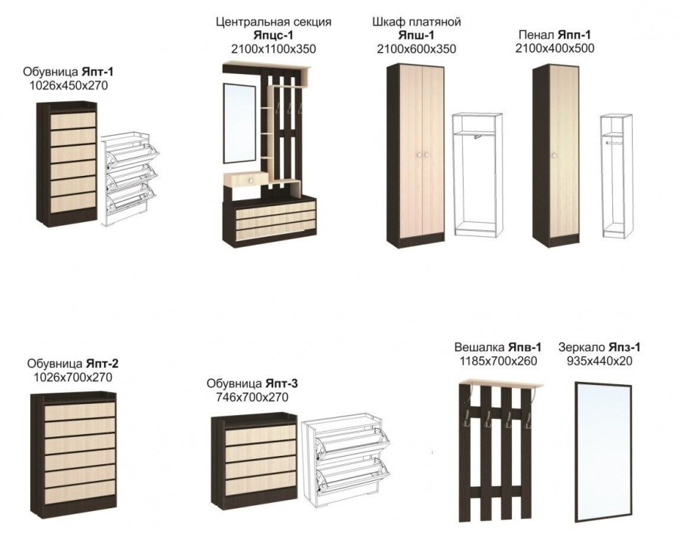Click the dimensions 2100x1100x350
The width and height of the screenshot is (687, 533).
pos(273,49)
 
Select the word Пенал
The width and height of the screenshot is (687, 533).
pos(537,35)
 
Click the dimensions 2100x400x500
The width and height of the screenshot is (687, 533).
pos(556,48)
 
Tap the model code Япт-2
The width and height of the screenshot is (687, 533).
pos(103,363)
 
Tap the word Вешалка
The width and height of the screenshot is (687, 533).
pos(479,347)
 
